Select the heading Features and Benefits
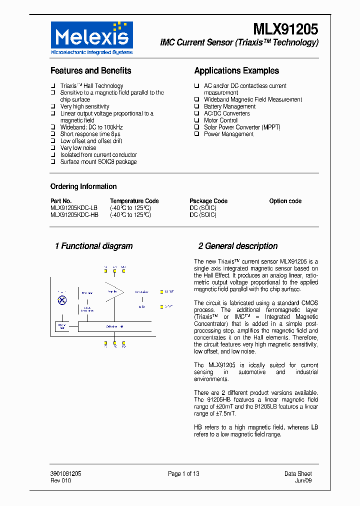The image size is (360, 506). click(x=90, y=71)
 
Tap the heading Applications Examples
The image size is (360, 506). click(x=236, y=71)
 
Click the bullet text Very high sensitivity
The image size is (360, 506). click(x=84, y=106)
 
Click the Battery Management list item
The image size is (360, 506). click(x=229, y=106)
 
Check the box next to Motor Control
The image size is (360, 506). click(x=196, y=120)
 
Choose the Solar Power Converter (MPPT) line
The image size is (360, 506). click(x=242, y=127)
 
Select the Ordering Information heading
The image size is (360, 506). click(x=83, y=186)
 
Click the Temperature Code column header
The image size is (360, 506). click(x=134, y=201)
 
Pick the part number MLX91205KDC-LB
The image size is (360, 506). click(x=74, y=208)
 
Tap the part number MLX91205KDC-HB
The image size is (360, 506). click(x=74, y=215)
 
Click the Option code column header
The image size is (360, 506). click(x=285, y=201)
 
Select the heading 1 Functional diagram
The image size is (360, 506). click(x=93, y=246)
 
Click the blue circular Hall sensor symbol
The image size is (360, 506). click(x=62, y=300)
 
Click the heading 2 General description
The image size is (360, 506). click(x=237, y=246)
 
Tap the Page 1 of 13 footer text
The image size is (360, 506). click(x=183, y=474)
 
